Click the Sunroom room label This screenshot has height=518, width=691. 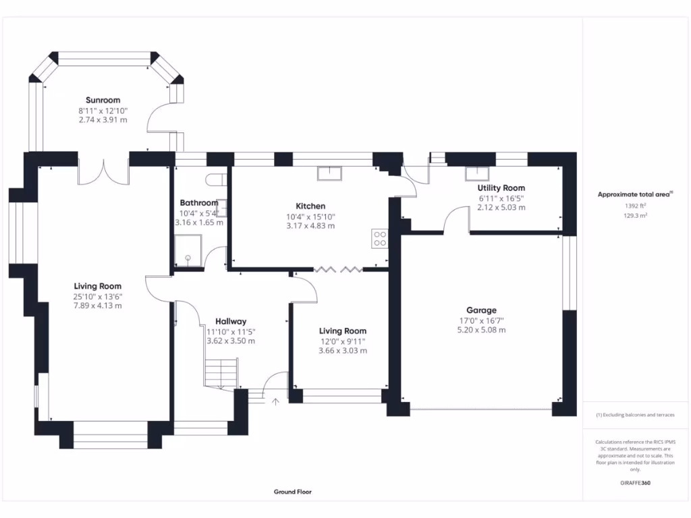pyautogui.click(x=103, y=100)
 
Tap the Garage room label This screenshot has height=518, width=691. pyautogui.click(x=481, y=310)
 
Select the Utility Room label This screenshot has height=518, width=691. pyautogui.click(x=501, y=188)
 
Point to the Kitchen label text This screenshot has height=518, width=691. pyautogui.click(x=310, y=206)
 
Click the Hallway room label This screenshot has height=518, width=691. pyautogui.click(x=231, y=322)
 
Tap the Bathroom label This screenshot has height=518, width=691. pyautogui.click(x=199, y=203)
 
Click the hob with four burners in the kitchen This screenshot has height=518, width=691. pyautogui.click(x=380, y=238)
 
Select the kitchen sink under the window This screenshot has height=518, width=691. pyautogui.click(x=329, y=173)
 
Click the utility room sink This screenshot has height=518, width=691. pyautogui.click(x=477, y=173)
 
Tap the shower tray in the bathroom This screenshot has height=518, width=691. pyautogui.click(x=188, y=251)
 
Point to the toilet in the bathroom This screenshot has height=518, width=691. pyautogui.click(x=217, y=179)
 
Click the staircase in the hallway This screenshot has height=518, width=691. pyautogui.click(x=221, y=373)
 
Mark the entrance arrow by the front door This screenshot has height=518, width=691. pyautogui.click(x=275, y=401)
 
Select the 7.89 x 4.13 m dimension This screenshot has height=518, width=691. pyautogui.click(x=97, y=306)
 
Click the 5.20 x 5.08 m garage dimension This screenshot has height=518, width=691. pyautogui.click(x=481, y=330)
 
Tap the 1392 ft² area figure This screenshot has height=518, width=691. pyautogui.click(x=636, y=206)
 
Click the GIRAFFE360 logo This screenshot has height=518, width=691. pyautogui.click(x=636, y=483)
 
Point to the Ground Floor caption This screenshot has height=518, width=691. pyautogui.click(x=293, y=492)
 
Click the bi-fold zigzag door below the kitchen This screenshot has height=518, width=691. pyautogui.click(x=339, y=269)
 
